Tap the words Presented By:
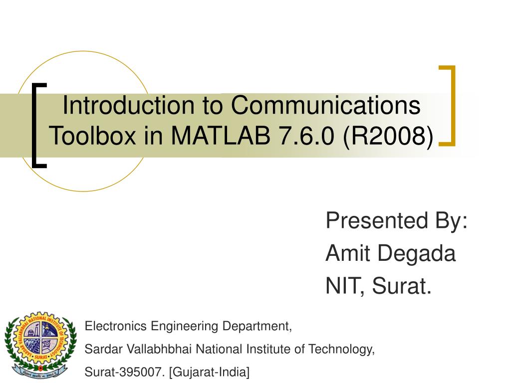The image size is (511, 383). pyautogui.click(x=397, y=220)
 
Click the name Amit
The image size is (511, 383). pyautogui.click(x=348, y=254)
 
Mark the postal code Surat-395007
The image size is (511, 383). pyautogui.click(x=119, y=372)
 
